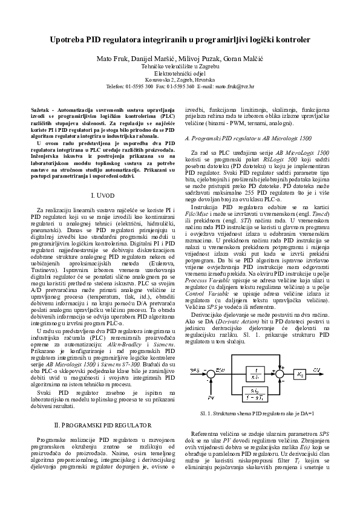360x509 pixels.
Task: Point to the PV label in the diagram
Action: tap(211, 399)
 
